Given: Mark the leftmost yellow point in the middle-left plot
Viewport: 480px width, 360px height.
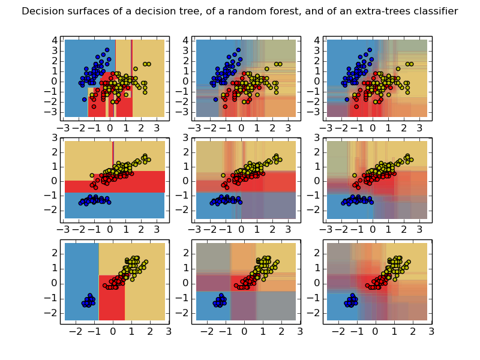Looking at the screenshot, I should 92,176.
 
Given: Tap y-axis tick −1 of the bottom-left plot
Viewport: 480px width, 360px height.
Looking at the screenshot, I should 54,298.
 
